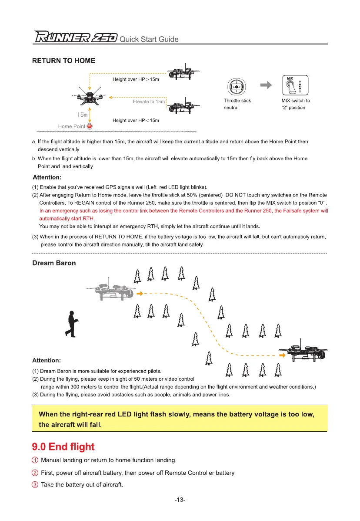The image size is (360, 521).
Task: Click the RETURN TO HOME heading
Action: point(63,61)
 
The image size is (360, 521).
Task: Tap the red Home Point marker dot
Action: point(90,126)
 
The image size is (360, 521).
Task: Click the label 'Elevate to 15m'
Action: point(149,101)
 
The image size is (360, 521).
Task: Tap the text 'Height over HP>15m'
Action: point(136,80)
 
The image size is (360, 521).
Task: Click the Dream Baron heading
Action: point(54,263)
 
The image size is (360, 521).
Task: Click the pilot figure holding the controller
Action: point(72,324)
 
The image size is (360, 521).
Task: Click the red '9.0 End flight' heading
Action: point(63,447)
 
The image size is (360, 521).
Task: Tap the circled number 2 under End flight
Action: point(35,473)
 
